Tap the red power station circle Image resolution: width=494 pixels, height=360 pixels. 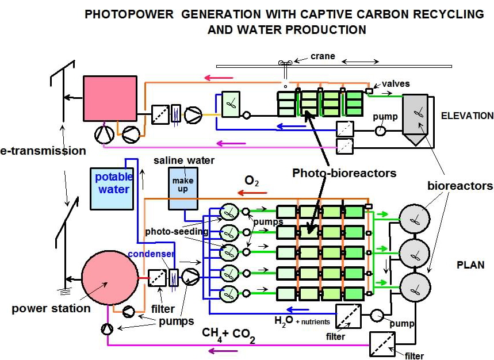[x=109, y=278]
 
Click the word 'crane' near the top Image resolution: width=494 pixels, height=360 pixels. [x=323, y=56]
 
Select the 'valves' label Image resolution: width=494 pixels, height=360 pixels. [x=396, y=84]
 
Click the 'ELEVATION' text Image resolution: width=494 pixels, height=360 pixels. [x=467, y=116]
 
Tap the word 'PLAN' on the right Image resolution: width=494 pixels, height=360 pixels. [x=470, y=266]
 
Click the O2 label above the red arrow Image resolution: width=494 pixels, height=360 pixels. [x=251, y=181]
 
